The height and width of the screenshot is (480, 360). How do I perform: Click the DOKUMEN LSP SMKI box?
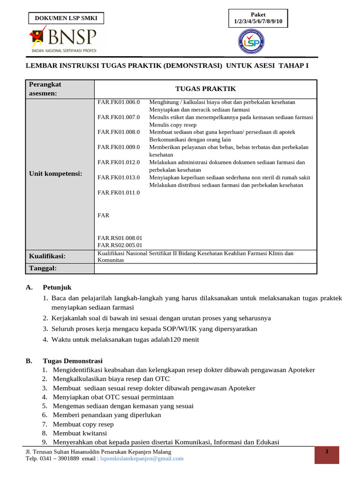tap(66, 18)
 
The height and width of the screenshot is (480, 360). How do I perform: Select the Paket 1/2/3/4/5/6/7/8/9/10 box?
tap(258, 18)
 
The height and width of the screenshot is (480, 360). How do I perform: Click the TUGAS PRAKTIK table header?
tap(205, 89)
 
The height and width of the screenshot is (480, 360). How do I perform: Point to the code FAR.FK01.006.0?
tap(119, 102)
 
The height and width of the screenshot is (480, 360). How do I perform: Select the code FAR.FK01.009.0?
tap(119, 147)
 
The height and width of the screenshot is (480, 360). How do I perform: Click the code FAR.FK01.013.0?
tap(119, 177)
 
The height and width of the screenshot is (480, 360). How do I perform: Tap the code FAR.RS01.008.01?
tap(120, 238)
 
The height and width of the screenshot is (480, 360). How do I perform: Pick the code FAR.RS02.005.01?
tap(120, 245)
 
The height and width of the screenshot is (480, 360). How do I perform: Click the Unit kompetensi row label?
tap(55, 173)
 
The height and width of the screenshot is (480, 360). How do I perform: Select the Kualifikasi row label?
tap(47, 256)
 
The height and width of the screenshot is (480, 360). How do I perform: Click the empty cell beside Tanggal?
tap(205, 268)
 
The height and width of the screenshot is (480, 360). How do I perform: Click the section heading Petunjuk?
tap(57, 287)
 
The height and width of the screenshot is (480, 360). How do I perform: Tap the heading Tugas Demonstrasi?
tap(73, 361)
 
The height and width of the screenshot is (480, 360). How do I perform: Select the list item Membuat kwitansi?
tap(80, 433)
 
